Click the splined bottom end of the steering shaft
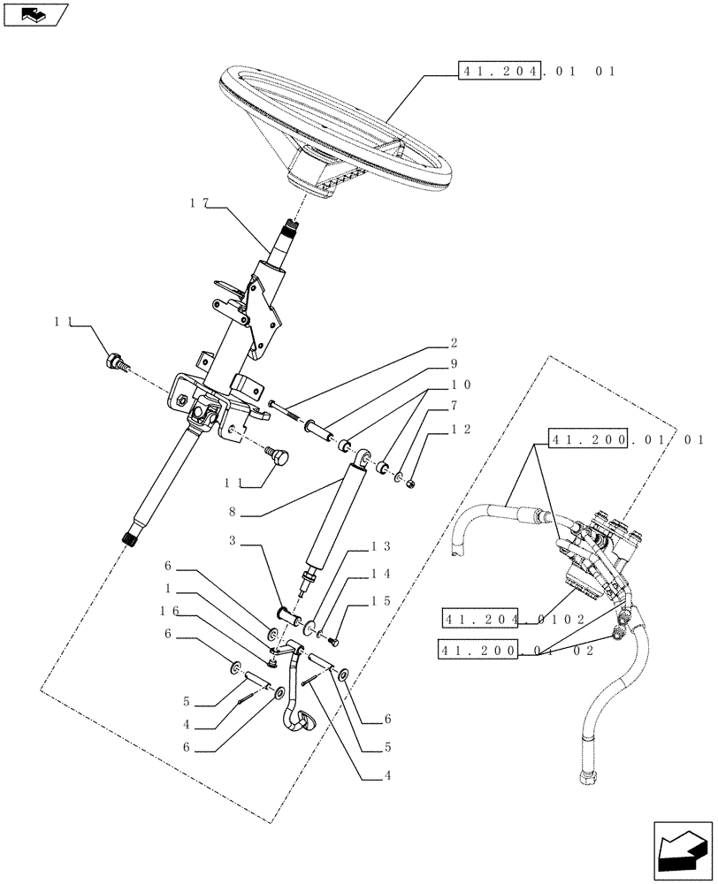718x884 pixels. click(129, 536)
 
